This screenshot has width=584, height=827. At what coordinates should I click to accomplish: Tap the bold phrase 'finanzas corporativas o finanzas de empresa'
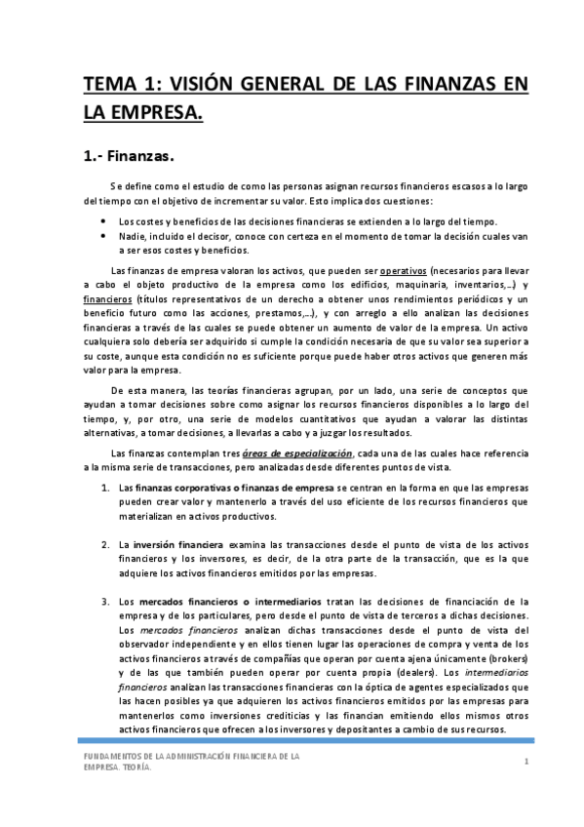[235, 487]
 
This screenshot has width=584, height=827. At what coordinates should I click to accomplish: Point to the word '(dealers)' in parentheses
[411, 673]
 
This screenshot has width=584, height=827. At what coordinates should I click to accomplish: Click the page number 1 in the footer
[526, 761]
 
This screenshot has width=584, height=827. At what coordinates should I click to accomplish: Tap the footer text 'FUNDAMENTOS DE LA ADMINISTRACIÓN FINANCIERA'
[190, 756]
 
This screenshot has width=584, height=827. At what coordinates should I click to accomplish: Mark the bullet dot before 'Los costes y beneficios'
[103, 221]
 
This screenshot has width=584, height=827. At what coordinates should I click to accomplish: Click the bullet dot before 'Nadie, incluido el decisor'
[103, 235]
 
